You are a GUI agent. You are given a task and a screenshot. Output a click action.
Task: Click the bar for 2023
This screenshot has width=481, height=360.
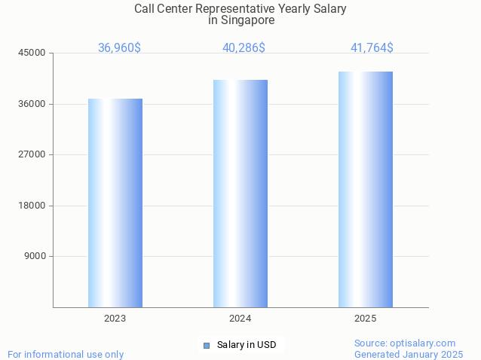(115, 203)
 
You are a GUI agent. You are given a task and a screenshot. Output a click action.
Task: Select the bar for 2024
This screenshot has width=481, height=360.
(240, 194)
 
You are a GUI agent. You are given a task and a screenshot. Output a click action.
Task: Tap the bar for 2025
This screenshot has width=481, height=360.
(366, 189)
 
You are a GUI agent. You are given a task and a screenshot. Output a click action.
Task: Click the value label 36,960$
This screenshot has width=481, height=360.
(119, 48)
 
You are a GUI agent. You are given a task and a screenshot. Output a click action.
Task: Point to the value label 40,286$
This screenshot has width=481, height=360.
(244, 48)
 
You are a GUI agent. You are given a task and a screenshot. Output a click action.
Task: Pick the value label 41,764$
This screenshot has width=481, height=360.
(372, 48)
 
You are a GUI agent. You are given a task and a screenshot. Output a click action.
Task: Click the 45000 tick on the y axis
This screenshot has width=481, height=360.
(33, 53)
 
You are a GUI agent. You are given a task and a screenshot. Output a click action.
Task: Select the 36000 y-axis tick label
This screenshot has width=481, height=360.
(33, 104)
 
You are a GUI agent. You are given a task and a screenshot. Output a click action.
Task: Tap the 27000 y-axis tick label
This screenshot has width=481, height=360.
(33, 154)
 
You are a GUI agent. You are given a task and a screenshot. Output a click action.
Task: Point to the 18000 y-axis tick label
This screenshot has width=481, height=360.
(33, 206)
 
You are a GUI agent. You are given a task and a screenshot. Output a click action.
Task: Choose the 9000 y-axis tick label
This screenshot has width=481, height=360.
(35, 256)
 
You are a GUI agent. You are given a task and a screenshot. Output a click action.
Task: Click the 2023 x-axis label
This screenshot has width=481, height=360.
(115, 319)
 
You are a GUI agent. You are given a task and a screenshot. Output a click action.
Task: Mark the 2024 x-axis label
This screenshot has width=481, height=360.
(240, 319)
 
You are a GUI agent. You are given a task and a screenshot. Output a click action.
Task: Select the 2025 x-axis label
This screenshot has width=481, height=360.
(366, 319)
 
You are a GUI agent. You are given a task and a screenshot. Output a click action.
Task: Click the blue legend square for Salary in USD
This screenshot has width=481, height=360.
(207, 346)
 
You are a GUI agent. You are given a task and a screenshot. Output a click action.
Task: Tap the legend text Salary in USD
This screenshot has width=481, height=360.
(247, 345)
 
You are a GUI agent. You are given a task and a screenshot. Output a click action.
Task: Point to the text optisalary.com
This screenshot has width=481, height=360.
(424, 343)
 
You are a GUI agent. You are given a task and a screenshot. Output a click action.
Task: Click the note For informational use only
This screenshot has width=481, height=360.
(66, 354)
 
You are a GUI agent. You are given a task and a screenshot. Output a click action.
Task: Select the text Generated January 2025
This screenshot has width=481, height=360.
(409, 354)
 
